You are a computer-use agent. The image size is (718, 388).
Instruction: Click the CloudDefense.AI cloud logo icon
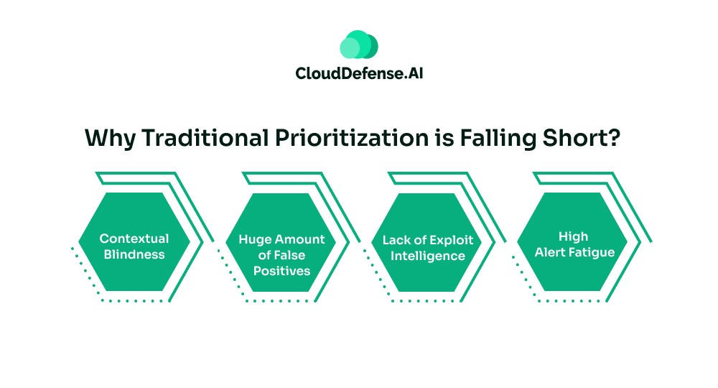click(x=358, y=45)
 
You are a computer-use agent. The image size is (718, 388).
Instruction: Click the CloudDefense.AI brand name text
click(x=358, y=73)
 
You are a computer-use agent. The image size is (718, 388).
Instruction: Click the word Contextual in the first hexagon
click(x=134, y=238)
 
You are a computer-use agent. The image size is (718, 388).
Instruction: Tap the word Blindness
click(x=134, y=254)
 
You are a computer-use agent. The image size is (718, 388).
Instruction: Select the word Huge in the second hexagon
click(x=256, y=239)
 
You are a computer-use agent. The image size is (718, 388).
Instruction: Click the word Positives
click(x=281, y=271)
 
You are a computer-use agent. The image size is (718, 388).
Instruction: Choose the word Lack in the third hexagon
click(x=396, y=239)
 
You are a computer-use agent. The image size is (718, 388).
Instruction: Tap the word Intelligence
click(x=428, y=255)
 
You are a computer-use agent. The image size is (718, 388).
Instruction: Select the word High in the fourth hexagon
click(x=572, y=236)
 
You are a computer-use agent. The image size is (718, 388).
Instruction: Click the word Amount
click(x=299, y=239)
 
